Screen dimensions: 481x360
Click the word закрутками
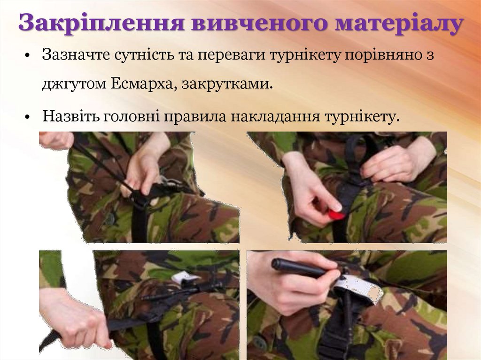pos(227,84)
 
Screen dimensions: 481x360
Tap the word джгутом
pos(75,84)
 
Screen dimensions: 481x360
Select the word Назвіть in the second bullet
pos(71,116)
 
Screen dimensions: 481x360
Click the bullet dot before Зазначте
pos(28,56)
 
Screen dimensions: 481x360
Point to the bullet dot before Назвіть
pos(28,117)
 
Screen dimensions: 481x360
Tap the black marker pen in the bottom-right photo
pos(301,268)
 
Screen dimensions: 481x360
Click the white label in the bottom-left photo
pos(186,278)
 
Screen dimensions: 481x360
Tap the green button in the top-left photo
pos(110,219)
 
